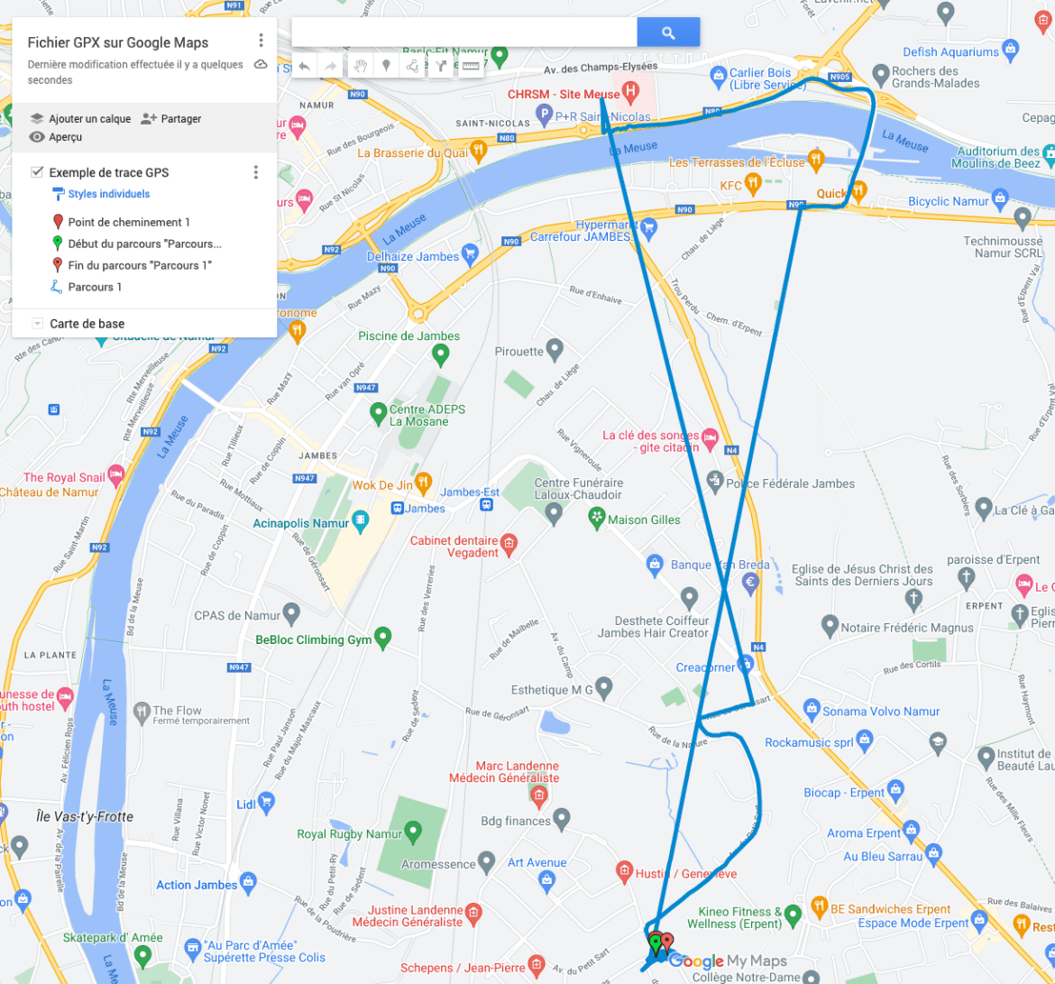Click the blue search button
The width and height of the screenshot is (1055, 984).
(668, 33)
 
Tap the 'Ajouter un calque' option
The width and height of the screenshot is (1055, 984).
(89, 119)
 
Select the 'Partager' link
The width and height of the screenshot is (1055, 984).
(180, 119)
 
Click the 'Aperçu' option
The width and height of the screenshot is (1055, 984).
(65, 137)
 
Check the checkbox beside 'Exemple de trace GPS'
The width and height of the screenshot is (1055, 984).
(37, 172)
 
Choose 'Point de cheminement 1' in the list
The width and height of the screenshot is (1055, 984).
(129, 222)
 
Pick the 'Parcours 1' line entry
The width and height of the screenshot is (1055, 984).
(95, 287)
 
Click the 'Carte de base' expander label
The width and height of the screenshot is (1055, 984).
(87, 324)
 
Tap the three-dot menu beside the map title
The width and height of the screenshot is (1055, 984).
(261, 41)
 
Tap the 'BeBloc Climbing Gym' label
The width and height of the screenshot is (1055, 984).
(313, 640)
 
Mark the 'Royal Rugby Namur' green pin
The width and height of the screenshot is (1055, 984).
(413, 831)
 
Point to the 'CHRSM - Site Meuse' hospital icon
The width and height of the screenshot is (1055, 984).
(631, 92)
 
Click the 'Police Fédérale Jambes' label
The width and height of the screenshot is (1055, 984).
(790, 483)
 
